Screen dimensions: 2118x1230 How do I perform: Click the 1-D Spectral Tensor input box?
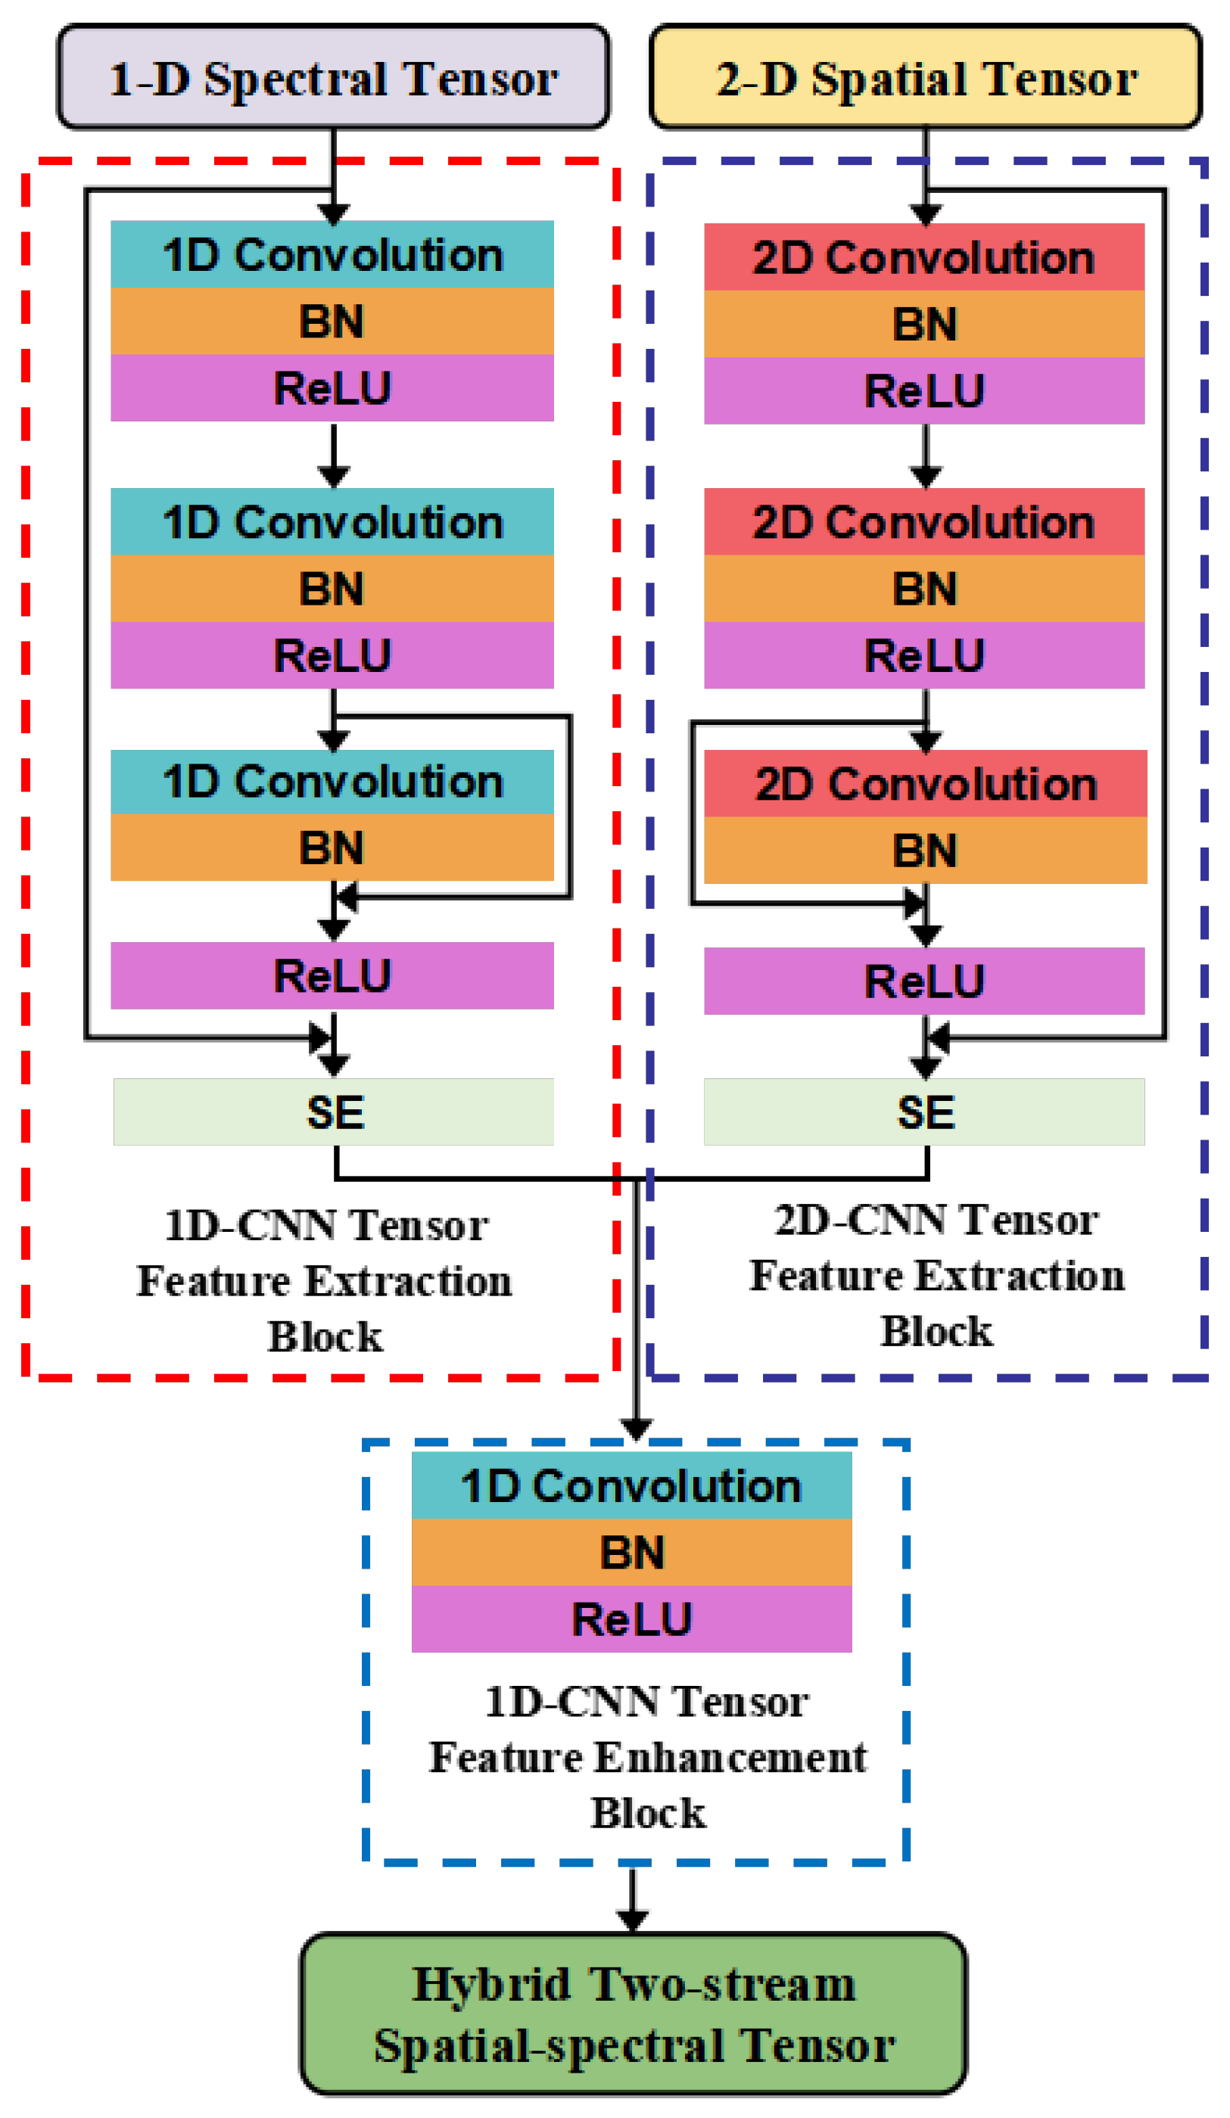(333, 77)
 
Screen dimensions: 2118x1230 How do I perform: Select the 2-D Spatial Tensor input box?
(925, 77)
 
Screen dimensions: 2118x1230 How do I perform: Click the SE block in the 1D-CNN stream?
(334, 1111)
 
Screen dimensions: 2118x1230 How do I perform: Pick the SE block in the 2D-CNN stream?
(924, 1111)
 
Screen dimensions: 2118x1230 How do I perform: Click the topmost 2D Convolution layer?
(924, 257)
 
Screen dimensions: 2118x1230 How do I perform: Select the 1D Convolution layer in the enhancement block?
(631, 1485)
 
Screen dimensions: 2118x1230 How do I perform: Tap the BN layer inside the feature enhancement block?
(631, 1551)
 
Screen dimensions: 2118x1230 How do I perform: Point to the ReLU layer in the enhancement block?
(631, 1618)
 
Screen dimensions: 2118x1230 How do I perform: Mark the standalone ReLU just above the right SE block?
(924, 980)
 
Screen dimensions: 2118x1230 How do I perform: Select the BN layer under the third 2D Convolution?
(925, 850)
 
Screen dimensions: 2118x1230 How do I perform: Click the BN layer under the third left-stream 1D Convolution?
(332, 848)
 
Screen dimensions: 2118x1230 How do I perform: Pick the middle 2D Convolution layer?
(924, 521)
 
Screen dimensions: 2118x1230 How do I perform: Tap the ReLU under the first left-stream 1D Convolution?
(332, 387)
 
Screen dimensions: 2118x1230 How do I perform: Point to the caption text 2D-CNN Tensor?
(936, 1220)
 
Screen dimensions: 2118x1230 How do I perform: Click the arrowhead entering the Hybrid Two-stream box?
(632, 1920)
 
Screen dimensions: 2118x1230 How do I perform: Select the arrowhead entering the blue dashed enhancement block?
(637, 1429)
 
